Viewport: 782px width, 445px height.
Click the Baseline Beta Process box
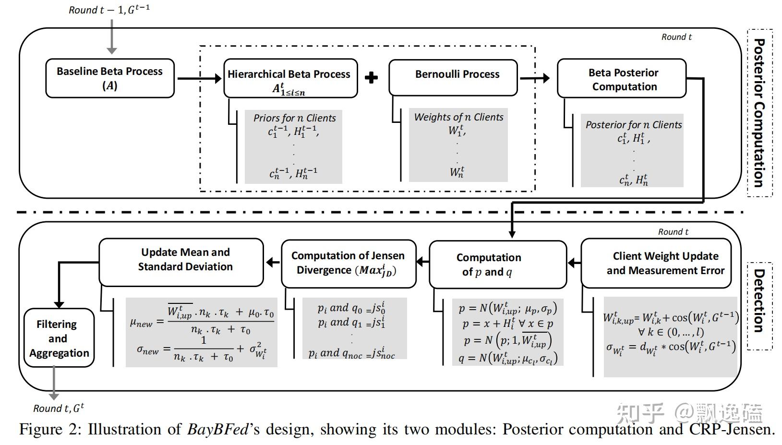pyautogui.click(x=110, y=78)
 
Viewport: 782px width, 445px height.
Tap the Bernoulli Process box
pyautogui.click(x=453, y=77)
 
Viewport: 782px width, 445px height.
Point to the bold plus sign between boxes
pyautogui.click(x=371, y=77)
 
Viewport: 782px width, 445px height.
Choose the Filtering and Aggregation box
pyautogui.click(x=59, y=338)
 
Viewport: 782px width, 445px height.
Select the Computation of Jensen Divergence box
pyautogui.click(x=348, y=263)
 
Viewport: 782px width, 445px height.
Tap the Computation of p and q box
pyautogui.click(x=497, y=265)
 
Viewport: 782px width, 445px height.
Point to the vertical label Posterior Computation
pyautogui.click(x=759, y=113)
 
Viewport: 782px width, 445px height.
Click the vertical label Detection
pyautogui.click(x=759, y=300)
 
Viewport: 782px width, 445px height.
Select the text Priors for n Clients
pyautogui.click(x=294, y=118)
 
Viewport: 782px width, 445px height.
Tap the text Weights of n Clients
pyautogui.click(x=458, y=117)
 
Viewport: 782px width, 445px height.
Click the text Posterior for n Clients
pyautogui.click(x=633, y=125)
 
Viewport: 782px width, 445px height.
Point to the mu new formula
pyautogui.click(x=202, y=319)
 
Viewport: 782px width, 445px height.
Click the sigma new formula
pyautogui.click(x=201, y=349)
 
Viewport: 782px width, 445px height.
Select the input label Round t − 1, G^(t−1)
pyautogui.click(x=109, y=10)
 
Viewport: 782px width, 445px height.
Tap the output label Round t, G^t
pyautogui.click(x=59, y=409)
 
